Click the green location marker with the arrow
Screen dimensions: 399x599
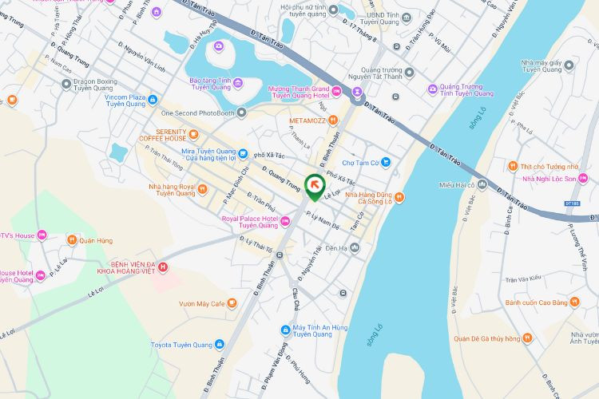coord(315,188)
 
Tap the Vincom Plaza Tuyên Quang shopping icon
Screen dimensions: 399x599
coord(153,100)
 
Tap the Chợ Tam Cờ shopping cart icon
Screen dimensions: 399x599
coord(386,162)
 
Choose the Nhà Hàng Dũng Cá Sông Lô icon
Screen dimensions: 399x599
coord(399,198)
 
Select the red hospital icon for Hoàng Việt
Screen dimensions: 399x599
coord(163,267)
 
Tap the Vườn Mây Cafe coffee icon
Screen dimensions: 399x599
coord(232,303)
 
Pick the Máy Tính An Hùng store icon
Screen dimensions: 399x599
coord(285,330)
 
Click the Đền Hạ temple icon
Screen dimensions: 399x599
coord(354,248)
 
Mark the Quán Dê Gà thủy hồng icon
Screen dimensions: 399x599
coord(527,338)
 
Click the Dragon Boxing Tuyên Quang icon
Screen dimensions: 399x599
coord(65,82)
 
